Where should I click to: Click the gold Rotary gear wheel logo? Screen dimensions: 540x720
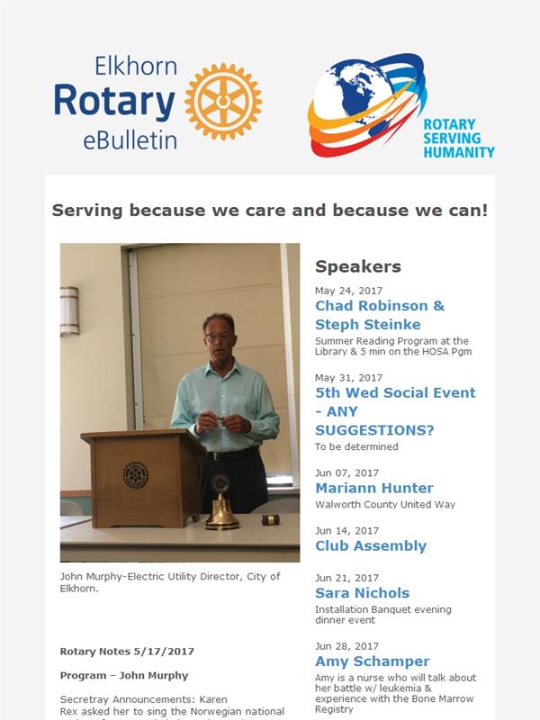(x=223, y=102)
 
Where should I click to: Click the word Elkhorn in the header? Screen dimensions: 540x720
(x=136, y=66)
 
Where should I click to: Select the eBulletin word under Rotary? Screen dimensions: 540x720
(x=130, y=140)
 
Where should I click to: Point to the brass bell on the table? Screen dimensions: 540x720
(x=221, y=503)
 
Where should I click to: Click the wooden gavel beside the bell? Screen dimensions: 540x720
(x=271, y=519)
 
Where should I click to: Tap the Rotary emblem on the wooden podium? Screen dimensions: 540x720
(x=136, y=475)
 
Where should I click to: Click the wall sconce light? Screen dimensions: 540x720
(x=69, y=310)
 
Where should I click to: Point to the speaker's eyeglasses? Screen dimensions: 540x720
(x=219, y=337)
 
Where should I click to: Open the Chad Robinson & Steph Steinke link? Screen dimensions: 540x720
(x=380, y=315)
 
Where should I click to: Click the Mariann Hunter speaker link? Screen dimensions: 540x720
(x=374, y=488)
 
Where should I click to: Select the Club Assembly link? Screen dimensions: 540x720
(x=371, y=545)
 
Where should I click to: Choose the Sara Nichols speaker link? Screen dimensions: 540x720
(x=363, y=593)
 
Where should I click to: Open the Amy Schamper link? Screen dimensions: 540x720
(x=373, y=661)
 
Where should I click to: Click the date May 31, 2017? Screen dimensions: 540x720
(x=348, y=378)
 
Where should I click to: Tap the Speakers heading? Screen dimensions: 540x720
(x=358, y=266)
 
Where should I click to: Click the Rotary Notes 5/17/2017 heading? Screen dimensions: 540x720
(x=127, y=652)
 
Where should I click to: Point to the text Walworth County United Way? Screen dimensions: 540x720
(x=385, y=505)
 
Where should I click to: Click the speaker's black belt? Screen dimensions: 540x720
(x=232, y=454)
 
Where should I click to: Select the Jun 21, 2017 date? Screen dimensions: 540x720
(x=346, y=578)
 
